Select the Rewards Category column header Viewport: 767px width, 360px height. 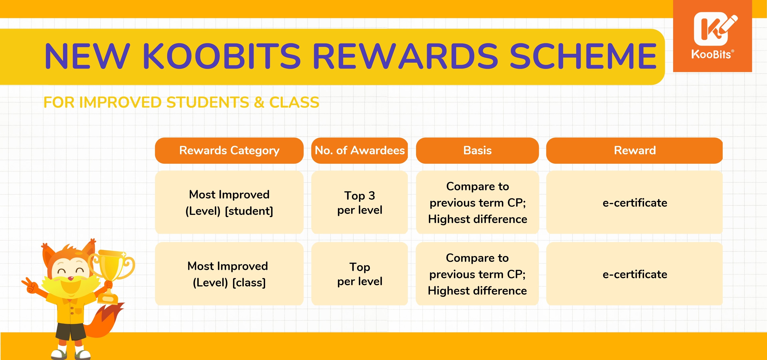click(229, 150)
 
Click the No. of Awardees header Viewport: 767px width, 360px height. click(360, 150)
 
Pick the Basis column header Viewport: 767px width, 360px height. click(477, 150)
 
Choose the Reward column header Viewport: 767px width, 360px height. click(635, 150)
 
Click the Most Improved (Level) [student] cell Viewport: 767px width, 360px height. click(229, 203)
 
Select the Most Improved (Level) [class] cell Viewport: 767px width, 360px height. click(229, 274)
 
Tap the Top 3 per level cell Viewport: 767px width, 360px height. click(360, 203)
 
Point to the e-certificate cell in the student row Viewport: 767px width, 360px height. click(635, 203)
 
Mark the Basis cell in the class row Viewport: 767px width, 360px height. click(477, 274)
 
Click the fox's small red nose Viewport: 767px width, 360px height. click(71, 278)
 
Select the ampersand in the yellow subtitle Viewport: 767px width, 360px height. click(259, 102)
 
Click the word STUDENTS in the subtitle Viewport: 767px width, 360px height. click(208, 102)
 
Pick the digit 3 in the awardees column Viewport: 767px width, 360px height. click(372, 196)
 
